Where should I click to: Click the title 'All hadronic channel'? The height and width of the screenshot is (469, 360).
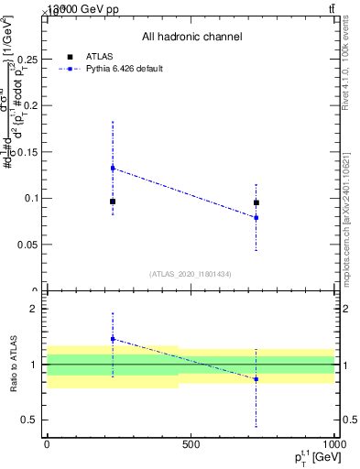[191, 37]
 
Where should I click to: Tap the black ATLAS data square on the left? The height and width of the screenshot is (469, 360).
[113, 202]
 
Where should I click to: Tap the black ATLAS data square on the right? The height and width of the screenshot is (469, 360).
[256, 202]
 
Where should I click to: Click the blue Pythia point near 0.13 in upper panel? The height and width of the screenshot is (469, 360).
[113, 168]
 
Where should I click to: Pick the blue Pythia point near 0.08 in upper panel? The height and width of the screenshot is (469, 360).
[256, 217]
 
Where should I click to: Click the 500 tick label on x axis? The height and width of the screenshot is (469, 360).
[191, 443]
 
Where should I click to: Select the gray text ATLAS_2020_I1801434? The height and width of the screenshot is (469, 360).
[191, 274]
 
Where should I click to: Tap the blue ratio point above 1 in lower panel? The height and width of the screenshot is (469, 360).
[113, 339]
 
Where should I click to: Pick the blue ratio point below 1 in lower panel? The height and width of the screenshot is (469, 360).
[256, 378]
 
